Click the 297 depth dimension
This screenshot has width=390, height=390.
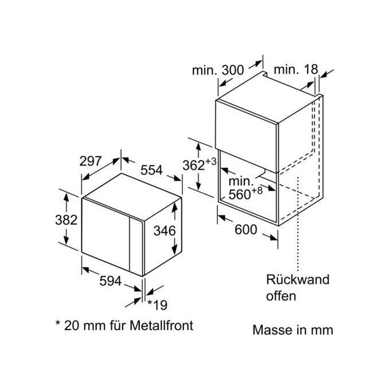click(91, 161)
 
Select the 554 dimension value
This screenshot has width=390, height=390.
click(151, 170)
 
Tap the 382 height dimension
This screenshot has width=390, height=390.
click(66, 220)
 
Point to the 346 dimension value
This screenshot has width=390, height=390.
click(165, 231)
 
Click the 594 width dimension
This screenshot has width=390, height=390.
click(111, 281)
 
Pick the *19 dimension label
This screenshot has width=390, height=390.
click(158, 305)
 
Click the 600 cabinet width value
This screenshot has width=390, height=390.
click(245, 229)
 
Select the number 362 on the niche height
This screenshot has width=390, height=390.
click(194, 165)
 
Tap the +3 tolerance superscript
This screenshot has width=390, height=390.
click(211, 162)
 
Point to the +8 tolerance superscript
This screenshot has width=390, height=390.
click(257, 191)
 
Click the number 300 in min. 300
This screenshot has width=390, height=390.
click(232, 70)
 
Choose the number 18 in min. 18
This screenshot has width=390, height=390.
click(311, 69)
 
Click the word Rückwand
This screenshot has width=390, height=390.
click(298, 279)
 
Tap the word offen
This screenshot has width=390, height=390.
click(281, 296)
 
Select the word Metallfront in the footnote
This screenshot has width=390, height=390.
click(161, 325)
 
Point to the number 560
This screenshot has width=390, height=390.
click(240, 194)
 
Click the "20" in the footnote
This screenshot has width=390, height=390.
click(72, 326)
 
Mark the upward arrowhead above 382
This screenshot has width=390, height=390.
click(66, 198)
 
